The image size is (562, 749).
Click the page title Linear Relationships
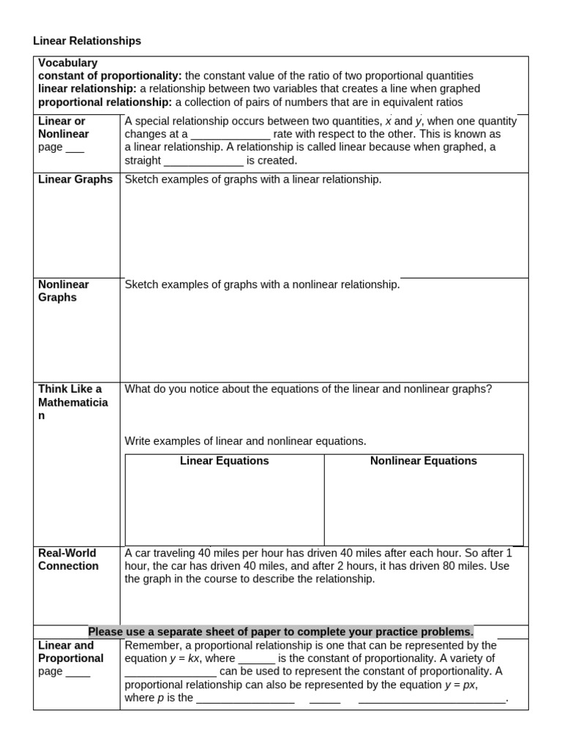pos(87,41)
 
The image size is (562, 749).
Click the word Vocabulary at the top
pos(67,63)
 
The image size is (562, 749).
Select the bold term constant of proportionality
pos(110,75)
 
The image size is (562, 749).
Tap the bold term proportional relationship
pos(105,102)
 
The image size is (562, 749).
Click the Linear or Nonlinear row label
pos(63,127)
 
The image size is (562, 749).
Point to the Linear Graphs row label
pos(75,179)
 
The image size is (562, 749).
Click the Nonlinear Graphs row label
pos(64,290)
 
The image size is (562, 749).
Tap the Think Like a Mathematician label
pos(72,402)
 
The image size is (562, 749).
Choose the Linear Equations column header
pos(224,461)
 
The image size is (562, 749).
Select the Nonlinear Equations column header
pos(423,461)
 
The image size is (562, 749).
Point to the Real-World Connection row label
pos(68,559)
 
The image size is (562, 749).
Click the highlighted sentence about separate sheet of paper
pos(281,631)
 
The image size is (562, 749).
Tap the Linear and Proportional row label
pos(70,652)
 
